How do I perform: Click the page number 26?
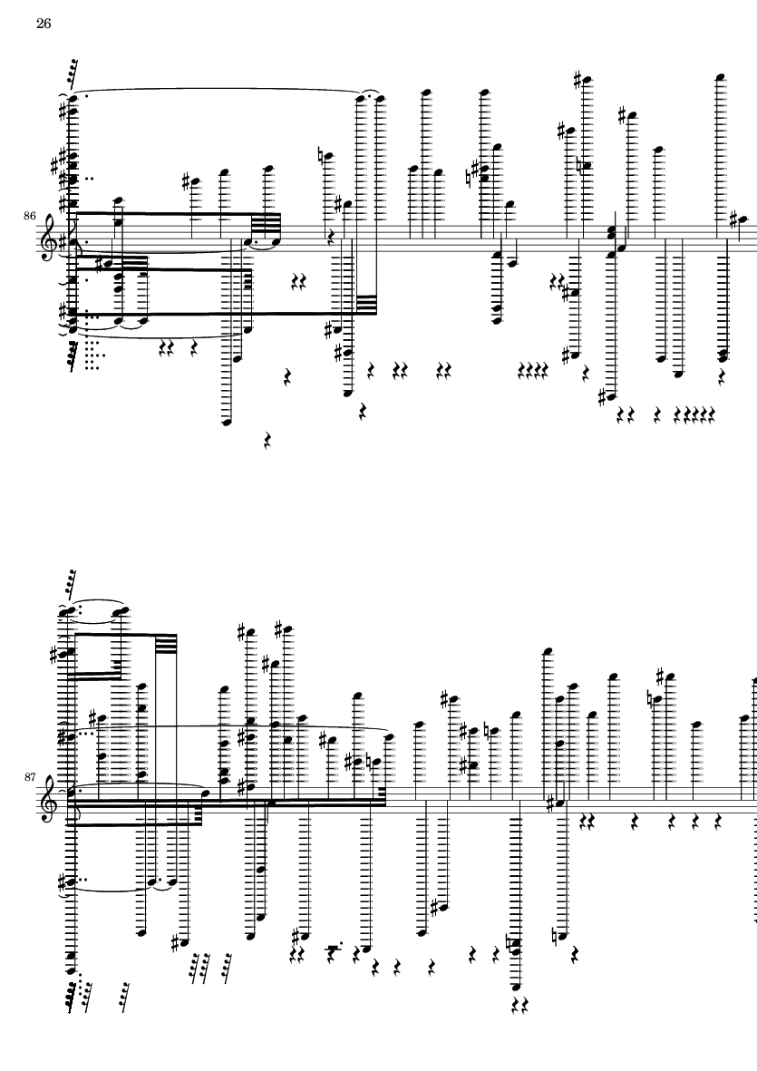tap(43, 24)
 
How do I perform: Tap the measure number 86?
tap(29, 216)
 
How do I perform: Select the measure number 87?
tap(29, 776)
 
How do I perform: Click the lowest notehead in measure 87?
tap(517, 987)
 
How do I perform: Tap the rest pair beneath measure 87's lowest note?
tap(520, 1005)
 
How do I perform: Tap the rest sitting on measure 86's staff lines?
tap(331, 238)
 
